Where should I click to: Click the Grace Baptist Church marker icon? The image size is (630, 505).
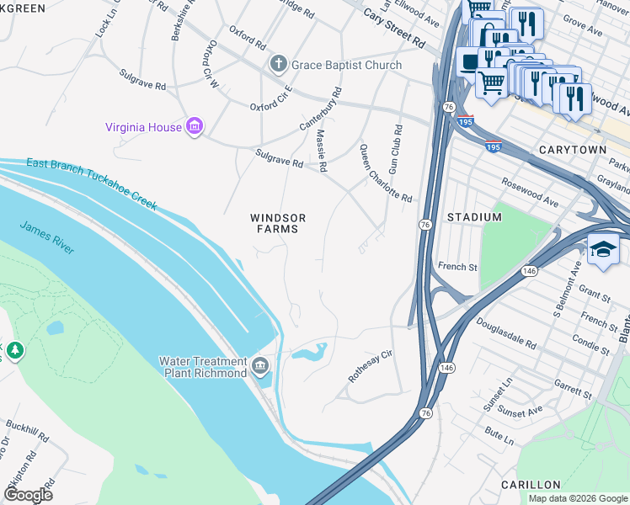[277, 64]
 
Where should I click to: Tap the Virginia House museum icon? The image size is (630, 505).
[195, 127]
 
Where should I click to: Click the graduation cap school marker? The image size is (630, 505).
[603, 249]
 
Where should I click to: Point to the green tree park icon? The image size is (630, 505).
[14, 348]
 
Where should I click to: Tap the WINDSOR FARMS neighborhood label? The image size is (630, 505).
[277, 223]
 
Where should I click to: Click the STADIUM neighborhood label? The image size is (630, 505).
[474, 217]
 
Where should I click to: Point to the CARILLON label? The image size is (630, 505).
[530, 485]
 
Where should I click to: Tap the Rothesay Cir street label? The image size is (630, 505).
[371, 368]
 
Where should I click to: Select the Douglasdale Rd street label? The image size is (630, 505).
[506, 333]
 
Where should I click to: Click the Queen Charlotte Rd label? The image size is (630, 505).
[386, 174]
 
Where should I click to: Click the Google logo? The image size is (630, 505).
[28, 494]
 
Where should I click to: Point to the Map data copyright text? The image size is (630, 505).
[576, 498]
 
